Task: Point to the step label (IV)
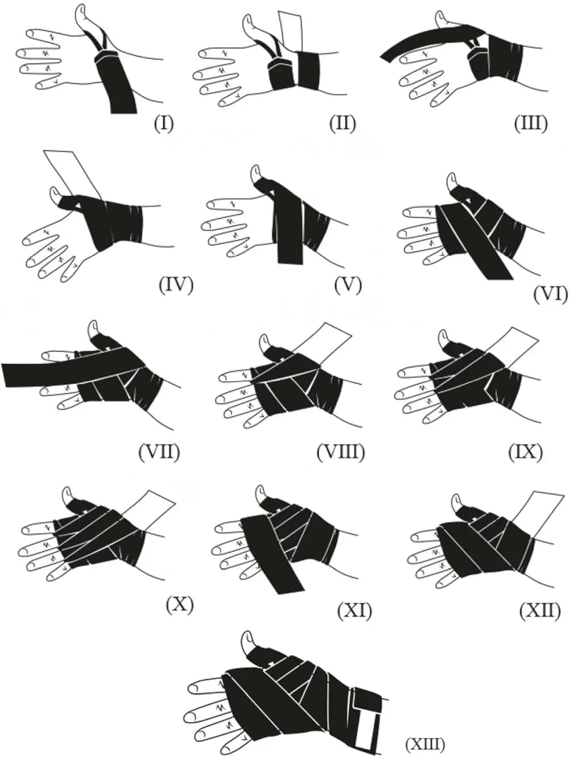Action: (176, 286)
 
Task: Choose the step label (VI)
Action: (551, 294)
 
